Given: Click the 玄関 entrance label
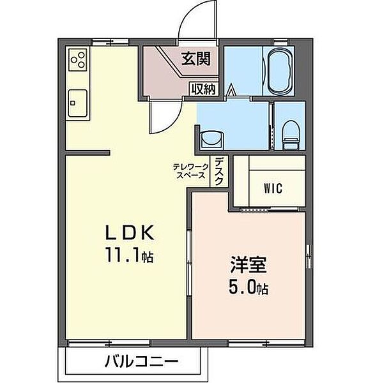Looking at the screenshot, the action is coord(195,59).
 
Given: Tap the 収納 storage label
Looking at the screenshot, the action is coord(203,89).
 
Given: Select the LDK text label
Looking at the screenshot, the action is coord(130,233).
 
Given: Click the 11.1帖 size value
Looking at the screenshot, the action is coord(129,255).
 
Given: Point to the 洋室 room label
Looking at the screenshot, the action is coord(248,264).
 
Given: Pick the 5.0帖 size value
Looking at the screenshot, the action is coord(248,287).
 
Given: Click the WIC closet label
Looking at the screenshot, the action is coord(273,188).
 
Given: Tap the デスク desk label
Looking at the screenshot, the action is coord(219,171).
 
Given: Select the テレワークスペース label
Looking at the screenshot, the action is coord(191,171).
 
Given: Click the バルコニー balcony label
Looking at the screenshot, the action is coord(141,361).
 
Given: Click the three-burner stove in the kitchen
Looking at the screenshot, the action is coord(78,59).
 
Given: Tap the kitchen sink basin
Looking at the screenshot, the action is coord(78,103).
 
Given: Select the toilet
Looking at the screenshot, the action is coord(291,135).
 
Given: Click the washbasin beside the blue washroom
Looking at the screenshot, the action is coord(211,140).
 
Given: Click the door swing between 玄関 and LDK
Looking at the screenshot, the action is coord(169,122).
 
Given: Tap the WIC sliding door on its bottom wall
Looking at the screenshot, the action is coord(269,209).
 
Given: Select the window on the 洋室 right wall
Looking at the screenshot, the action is coord(309,256).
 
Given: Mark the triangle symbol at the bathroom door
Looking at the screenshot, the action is coord(231,90).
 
